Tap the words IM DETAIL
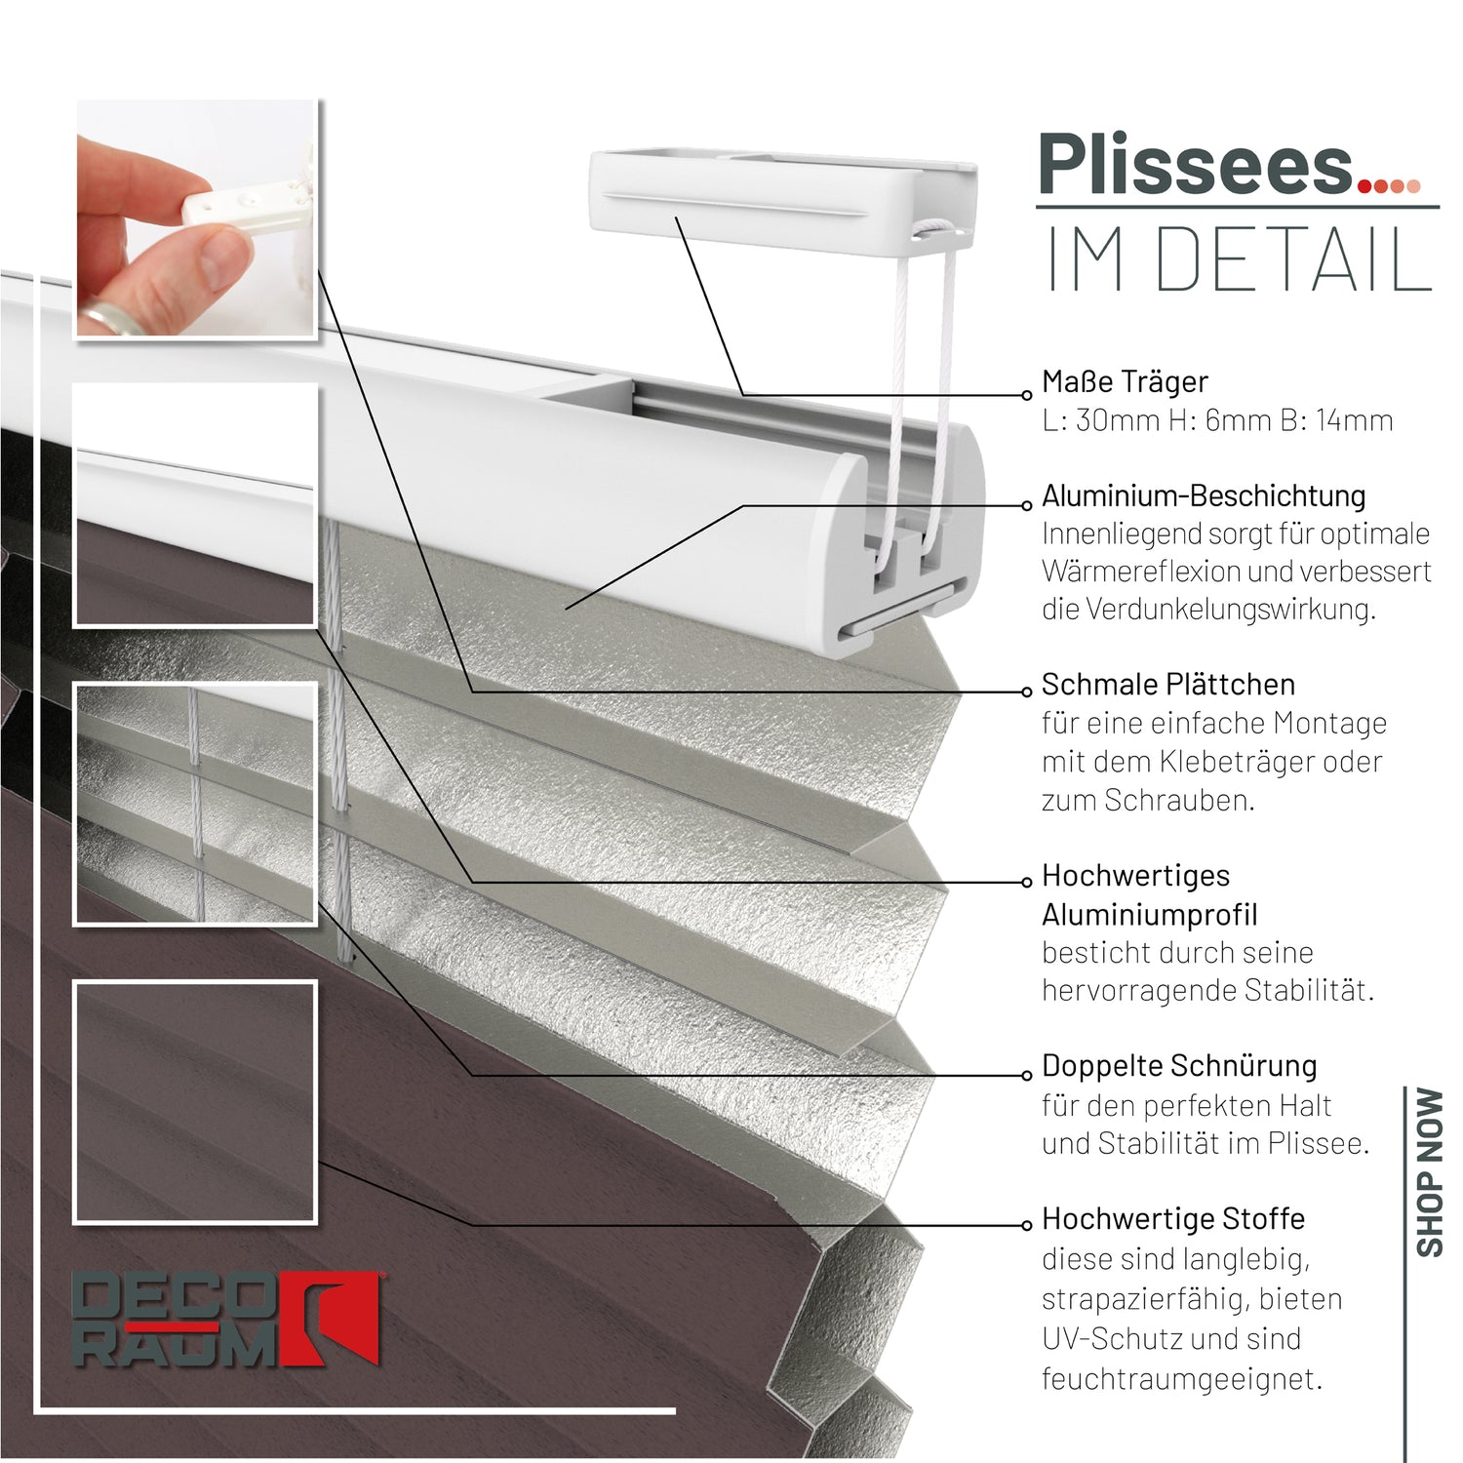(x=1239, y=260)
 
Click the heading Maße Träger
(x=1125, y=381)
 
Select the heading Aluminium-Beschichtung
(x=1203, y=495)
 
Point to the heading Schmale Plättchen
(x=1167, y=685)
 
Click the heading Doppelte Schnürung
(x=1178, y=1066)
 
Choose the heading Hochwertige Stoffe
(x=1172, y=1219)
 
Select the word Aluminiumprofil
(x=1149, y=915)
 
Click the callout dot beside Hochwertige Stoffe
(x=1026, y=1225)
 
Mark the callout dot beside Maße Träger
(x=1026, y=395)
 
